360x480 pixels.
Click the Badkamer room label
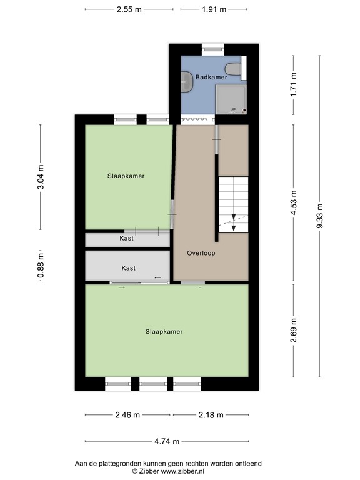[x=211, y=77]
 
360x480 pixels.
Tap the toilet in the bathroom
[x=234, y=69]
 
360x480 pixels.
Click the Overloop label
[x=202, y=253]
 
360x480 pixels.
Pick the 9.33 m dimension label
[x=319, y=216]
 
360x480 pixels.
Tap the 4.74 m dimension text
[x=167, y=441]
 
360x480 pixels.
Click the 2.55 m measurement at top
[x=129, y=10]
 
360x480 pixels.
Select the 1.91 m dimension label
[x=214, y=10]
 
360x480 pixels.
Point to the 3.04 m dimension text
[x=41, y=177]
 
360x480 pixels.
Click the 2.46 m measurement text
[x=128, y=414]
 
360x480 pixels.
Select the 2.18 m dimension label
[x=211, y=414]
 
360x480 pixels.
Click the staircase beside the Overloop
[x=233, y=203]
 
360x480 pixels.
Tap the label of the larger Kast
[x=128, y=268]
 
